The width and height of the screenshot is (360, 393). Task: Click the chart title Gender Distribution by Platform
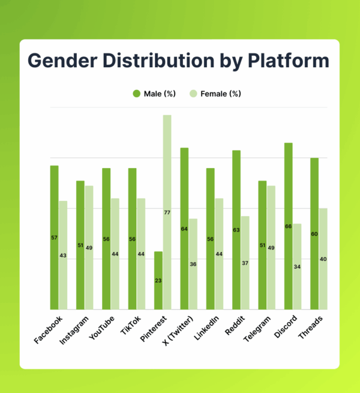tap(179, 61)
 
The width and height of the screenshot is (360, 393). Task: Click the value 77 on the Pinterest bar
tap(167, 212)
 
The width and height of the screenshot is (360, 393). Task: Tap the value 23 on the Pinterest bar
tap(158, 280)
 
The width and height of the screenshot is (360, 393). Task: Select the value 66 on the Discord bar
tap(289, 226)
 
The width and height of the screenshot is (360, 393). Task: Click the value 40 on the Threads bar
tap(323, 259)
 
